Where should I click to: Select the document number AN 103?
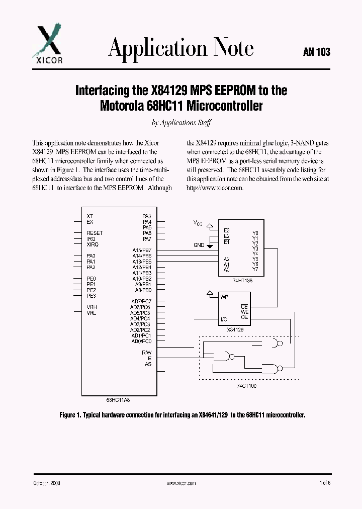point(317,52)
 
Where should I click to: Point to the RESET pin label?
point(95,233)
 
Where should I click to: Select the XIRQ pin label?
point(93,244)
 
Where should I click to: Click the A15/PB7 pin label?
point(141,250)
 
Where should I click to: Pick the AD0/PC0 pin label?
point(141,342)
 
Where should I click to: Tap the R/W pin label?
point(147,353)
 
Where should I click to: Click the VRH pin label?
point(92,307)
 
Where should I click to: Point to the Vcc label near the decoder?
point(198,222)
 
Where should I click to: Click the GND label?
point(199,245)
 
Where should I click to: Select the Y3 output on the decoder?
point(255,249)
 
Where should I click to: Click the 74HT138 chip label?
point(243,281)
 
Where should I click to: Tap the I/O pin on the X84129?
point(224,319)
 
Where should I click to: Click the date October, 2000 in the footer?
point(47,483)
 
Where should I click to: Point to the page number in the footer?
point(325,483)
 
